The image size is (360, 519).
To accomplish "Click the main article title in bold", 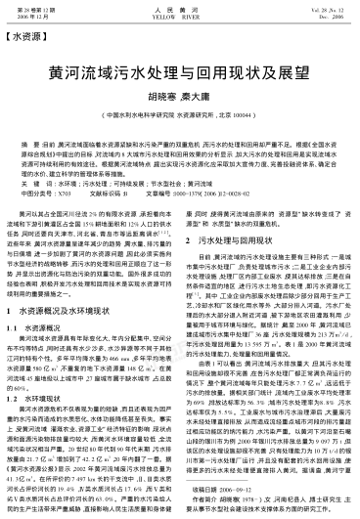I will tap(179, 72).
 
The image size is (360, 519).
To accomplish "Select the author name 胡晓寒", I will tap(162, 97).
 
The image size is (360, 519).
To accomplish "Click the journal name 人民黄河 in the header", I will tap(179, 9).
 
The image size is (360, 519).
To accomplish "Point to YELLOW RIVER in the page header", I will tap(179, 16).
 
